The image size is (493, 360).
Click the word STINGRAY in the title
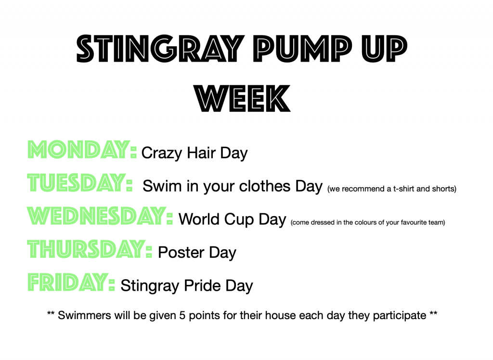pos(160,49)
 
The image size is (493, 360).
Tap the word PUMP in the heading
pos(303,49)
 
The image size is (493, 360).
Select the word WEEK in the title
pos(243,98)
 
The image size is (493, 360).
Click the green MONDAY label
pos(82,150)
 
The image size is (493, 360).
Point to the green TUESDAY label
pos(80,183)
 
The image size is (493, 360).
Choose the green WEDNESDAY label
pos(100,216)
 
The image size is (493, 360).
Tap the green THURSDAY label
pos(90,249)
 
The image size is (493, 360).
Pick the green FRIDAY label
pos(71,283)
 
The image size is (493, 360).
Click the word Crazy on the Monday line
pos(162,153)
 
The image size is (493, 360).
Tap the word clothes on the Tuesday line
pos(264,186)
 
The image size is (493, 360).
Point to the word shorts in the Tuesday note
pos(444,189)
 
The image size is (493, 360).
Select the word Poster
pos(181,253)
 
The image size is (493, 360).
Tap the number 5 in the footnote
pos(182,315)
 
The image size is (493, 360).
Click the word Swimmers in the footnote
pos(84,315)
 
